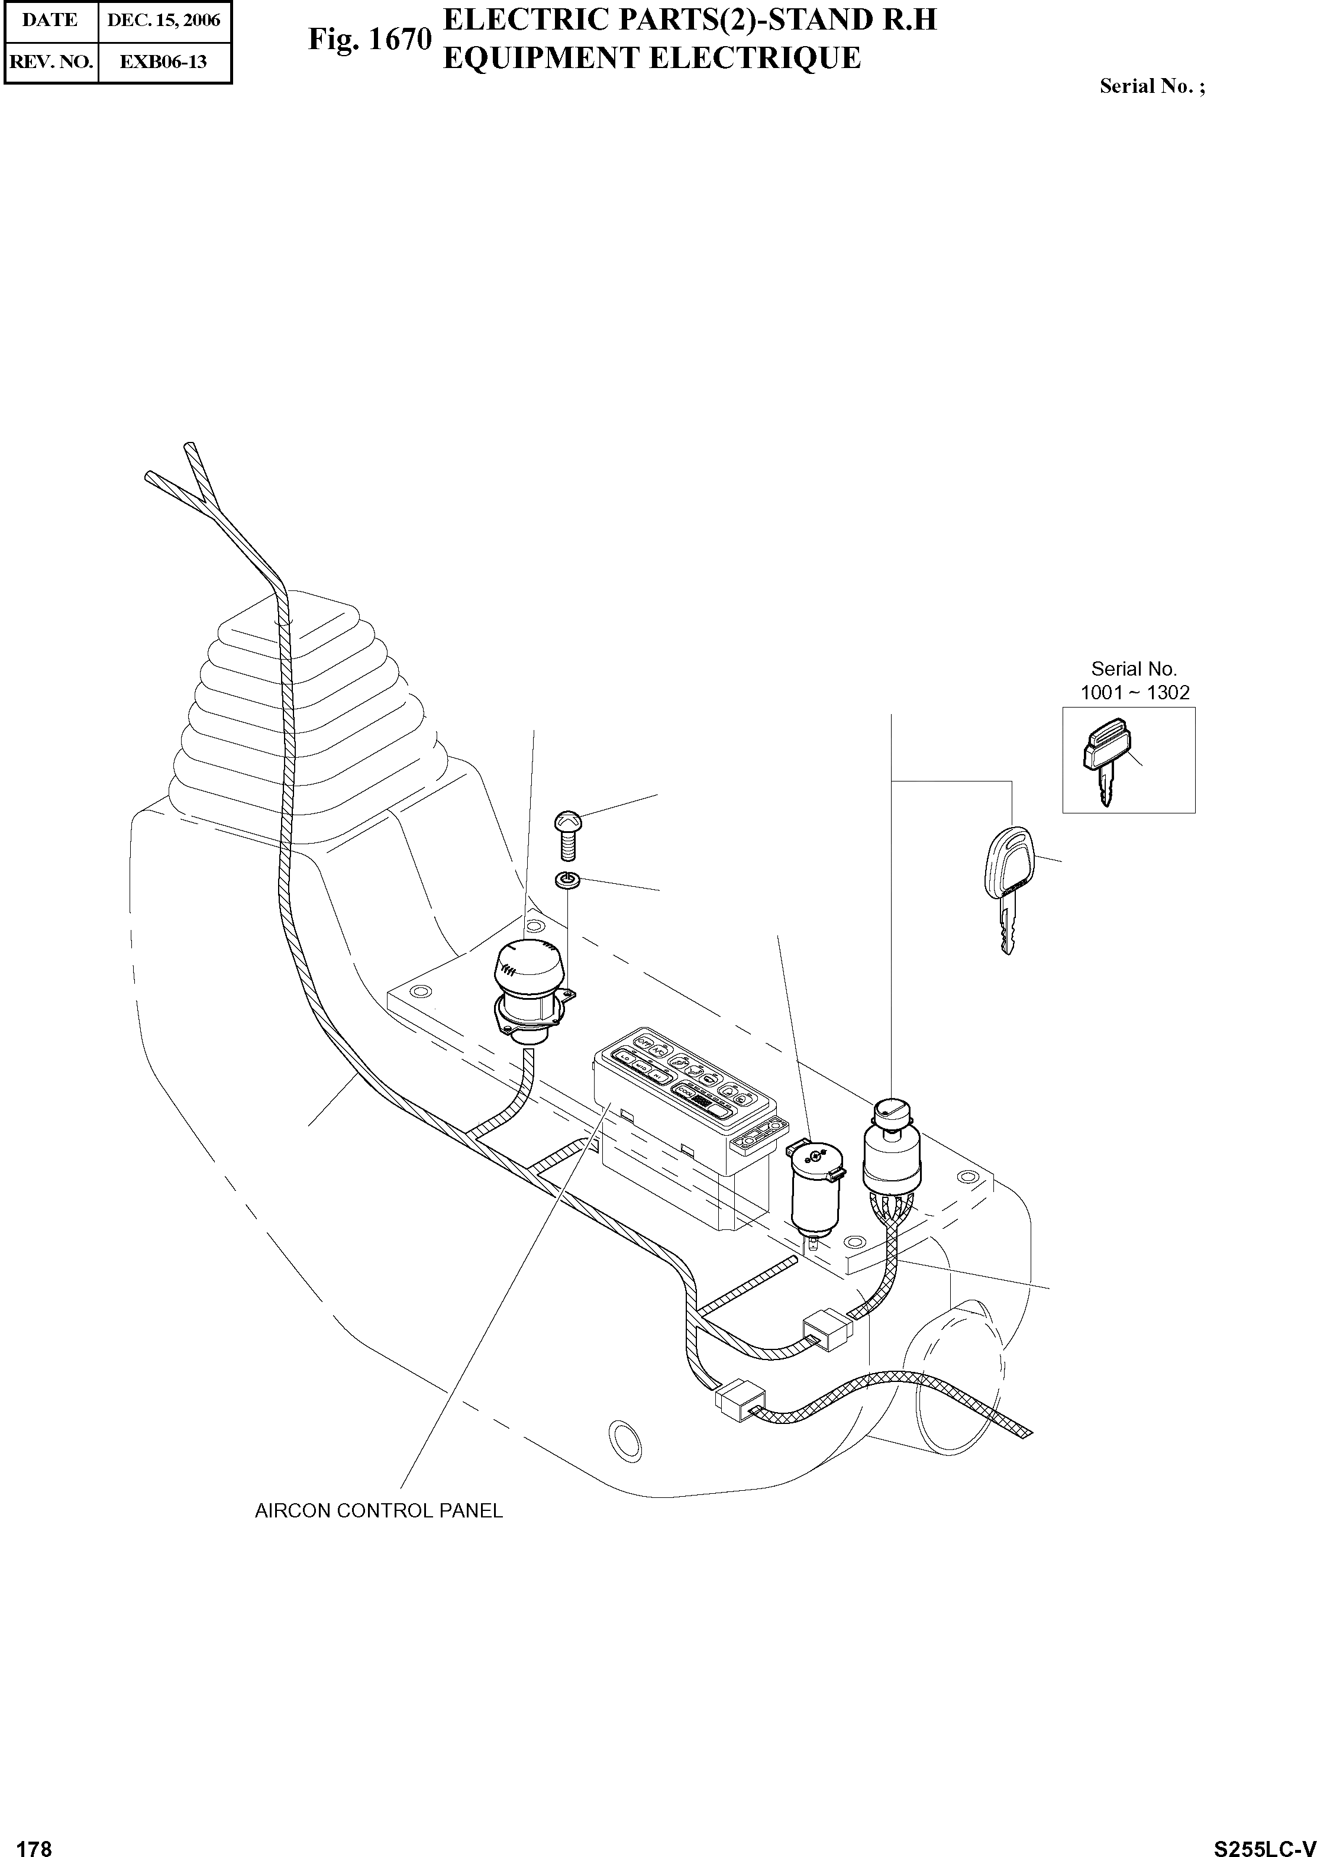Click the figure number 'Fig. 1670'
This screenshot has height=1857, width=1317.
point(369,39)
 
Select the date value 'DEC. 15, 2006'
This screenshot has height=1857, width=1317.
point(164,20)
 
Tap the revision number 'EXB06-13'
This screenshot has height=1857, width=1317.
point(164,62)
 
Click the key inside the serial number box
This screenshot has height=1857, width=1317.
point(1103,759)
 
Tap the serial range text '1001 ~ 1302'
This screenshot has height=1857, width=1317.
point(1135,693)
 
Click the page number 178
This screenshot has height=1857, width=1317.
point(34,1843)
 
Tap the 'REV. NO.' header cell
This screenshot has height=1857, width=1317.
point(50,62)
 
